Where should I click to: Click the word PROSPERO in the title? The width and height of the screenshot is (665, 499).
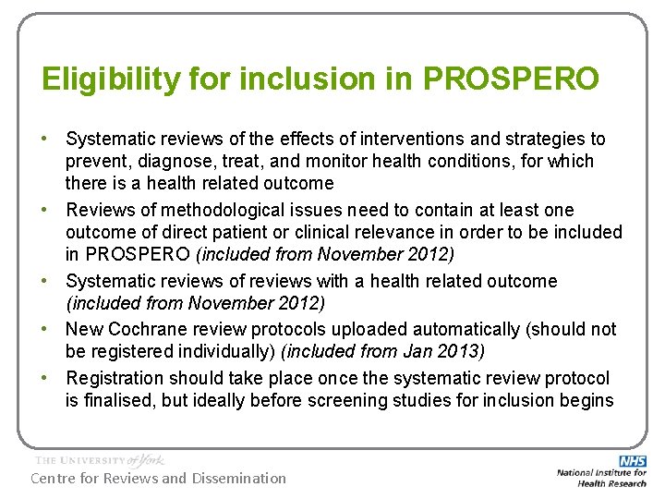511,79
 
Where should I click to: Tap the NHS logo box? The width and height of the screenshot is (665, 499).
633,460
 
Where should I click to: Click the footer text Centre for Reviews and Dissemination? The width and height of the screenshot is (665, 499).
159,478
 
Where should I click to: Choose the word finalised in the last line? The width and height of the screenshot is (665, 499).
122,400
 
